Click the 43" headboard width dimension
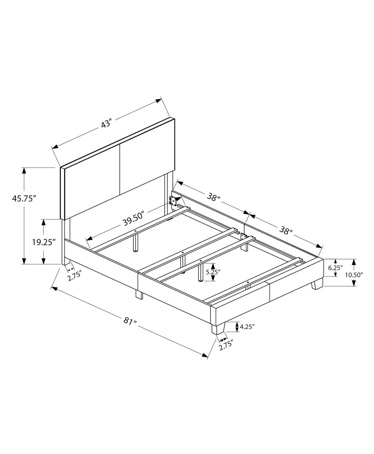[x=106, y=123]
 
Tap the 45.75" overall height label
[x=23, y=198]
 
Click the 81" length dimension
[x=130, y=321]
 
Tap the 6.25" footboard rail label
[x=335, y=268]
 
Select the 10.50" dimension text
[x=354, y=275]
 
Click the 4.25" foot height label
[x=247, y=327]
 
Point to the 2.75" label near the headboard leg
[x=75, y=276]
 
